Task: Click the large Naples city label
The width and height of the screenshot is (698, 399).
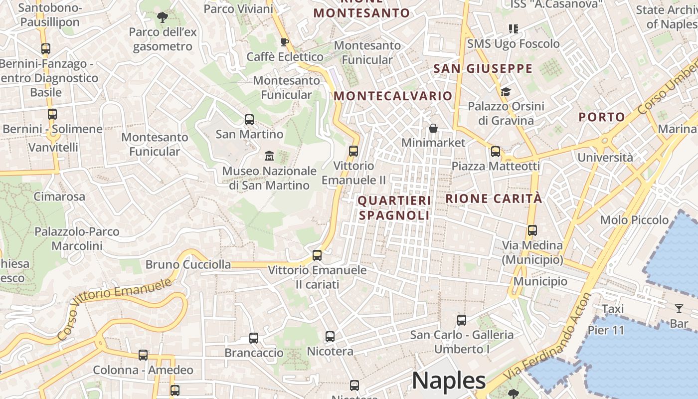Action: pyautogui.click(x=449, y=381)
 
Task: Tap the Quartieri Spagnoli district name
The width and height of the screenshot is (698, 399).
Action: pyautogui.click(x=394, y=208)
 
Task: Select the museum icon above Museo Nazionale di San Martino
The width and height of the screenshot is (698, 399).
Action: pyautogui.click(x=269, y=156)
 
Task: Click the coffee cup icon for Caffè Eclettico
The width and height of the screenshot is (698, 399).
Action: pyautogui.click(x=285, y=42)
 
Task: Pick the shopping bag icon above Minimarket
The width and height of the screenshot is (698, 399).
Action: pyautogui.click(x=433, y=128)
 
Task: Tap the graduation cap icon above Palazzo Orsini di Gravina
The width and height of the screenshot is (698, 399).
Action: pyautogui.click(x=506, y=92)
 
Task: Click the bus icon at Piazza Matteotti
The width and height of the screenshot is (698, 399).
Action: pyautogui.click(x=495, y=152)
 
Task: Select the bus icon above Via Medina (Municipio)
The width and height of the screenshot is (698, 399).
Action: pyautogui.click(x=532, y=230)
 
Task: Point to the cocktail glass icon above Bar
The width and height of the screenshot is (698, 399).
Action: pyautogui.click(x=679, y=309)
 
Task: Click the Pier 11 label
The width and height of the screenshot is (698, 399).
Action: pyautogui.click(x=606, y=330)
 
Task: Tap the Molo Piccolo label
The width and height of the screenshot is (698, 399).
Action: pyautogui.click(x=634, y=220)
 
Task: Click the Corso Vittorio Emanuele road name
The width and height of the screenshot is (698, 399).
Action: pyautogui.click(x=115, y=309)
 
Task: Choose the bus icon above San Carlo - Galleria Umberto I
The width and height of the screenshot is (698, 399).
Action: pyautogui.click(x=462, y=320)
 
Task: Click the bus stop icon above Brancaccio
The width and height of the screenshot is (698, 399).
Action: pyautogui.click(x=254, y=338)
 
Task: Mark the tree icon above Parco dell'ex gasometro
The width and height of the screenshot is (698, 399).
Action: pyautogui.click(x=163, y=17)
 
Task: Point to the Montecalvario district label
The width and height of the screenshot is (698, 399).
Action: pyautogui.click(x=393, y=96)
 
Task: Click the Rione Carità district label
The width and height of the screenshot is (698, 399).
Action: pyautogui.click(x=493, y=199)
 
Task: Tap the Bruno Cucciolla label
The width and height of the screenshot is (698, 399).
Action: pyautogui.click(x=188, y=265)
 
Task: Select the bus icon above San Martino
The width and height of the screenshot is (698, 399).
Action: pyautogui.click(x=249, y=120)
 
